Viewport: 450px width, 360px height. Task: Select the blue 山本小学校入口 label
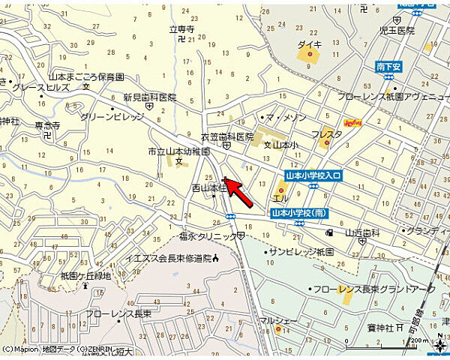coord(313,175)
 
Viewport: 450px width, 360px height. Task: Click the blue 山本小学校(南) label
coord(298,213)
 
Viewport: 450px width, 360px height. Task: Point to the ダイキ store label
coord(309,45)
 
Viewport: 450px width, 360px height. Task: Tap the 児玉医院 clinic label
coord(397,31)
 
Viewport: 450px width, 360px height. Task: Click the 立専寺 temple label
coord(181,30)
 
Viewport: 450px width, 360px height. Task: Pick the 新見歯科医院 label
coord(150,97)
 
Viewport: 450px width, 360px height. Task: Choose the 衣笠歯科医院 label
coord(226,137)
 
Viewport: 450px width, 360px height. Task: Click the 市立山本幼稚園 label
coord(178,151)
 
